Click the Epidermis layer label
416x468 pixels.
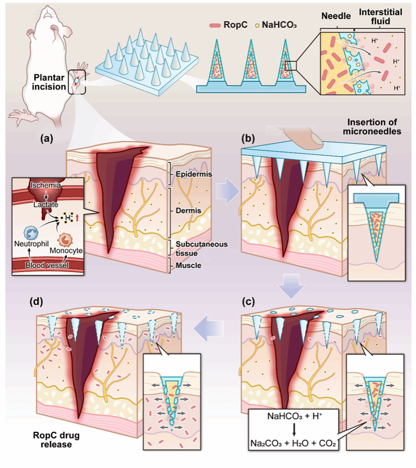pos(194,174)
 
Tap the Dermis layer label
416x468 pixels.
pos(188,211)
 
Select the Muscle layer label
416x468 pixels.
pos(188,265)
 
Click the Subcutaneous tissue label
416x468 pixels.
pos(202,249)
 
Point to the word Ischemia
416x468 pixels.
pos(45,185)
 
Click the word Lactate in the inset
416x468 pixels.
pos(46,205)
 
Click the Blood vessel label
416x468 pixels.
pos(47,265)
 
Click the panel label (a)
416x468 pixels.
pos(47,138)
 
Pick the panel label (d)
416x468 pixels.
pos(36,302)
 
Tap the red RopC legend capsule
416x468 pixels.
pos(215,25)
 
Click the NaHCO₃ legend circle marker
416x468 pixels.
pos(257,25)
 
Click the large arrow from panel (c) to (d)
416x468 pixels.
pos(209,329)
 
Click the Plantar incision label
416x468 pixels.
pos(49,82)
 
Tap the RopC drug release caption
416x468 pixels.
pos(56,440)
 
